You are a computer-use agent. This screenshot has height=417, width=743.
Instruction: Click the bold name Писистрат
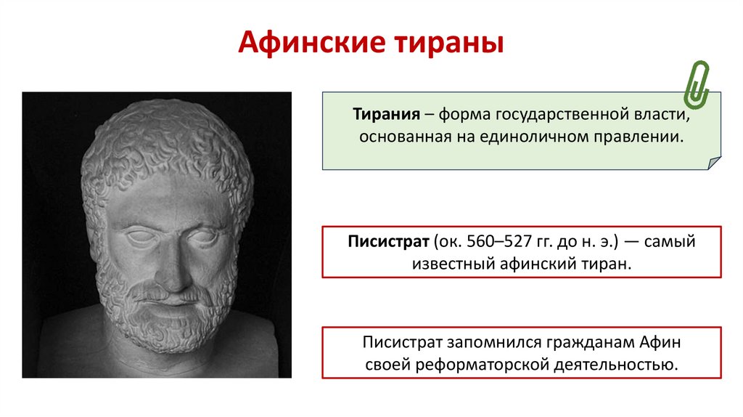pyautogui.click(x=390, y=242)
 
